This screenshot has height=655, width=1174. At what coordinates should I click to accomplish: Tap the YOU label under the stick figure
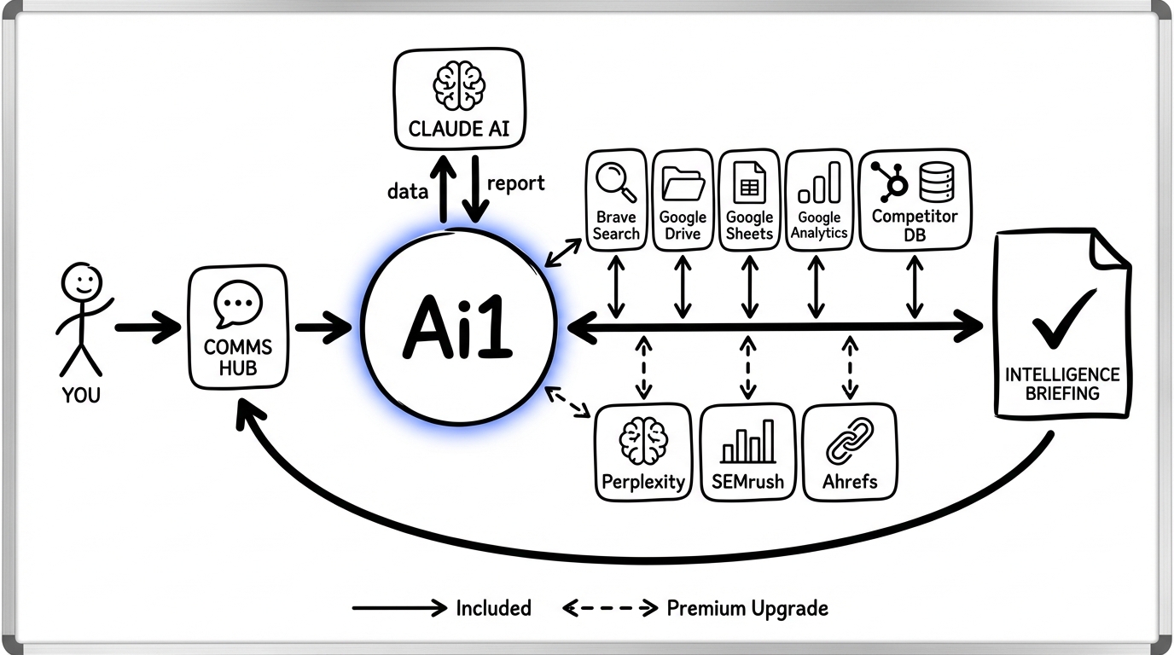click(81, 395)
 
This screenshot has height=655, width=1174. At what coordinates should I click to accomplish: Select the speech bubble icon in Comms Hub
click(238, 305)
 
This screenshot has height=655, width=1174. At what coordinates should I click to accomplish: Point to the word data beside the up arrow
click(407, 192)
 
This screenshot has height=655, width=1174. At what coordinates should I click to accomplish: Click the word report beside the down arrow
click(515, 183)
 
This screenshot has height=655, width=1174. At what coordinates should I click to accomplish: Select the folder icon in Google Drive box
click(683, 183)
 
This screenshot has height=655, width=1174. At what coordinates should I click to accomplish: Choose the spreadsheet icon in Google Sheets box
click(749, 182)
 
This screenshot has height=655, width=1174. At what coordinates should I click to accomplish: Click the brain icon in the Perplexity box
click(643, 441)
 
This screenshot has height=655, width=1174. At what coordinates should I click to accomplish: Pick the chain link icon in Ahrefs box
click(850, 441)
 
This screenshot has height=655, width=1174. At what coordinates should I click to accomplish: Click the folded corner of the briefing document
click(1108, 249)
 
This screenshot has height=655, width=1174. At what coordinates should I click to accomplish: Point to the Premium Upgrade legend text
click(747, 608)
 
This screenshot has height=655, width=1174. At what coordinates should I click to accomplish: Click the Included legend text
click(493, 608)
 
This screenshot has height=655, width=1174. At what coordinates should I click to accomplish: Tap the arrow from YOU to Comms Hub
click(147, 327)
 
